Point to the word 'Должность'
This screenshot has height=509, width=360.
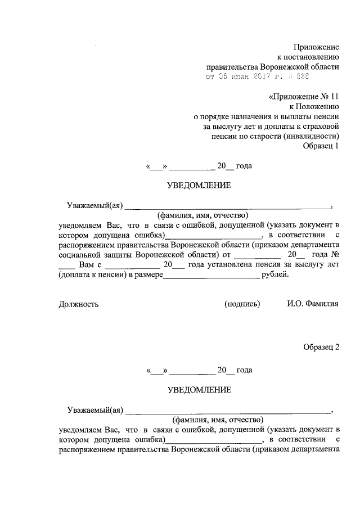[x=79, y=304]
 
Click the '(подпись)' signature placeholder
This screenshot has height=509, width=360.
[x=242, y=304]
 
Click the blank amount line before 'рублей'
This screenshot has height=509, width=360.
[x=211, y=276]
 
